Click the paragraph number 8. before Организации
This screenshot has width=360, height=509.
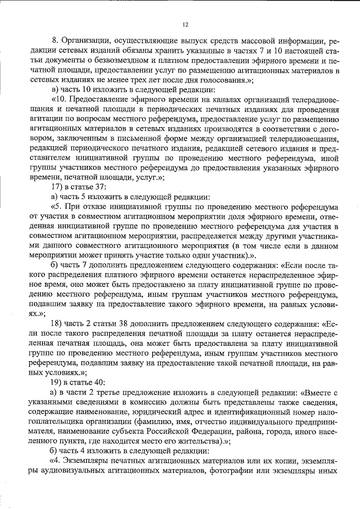tap(55, 42)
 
